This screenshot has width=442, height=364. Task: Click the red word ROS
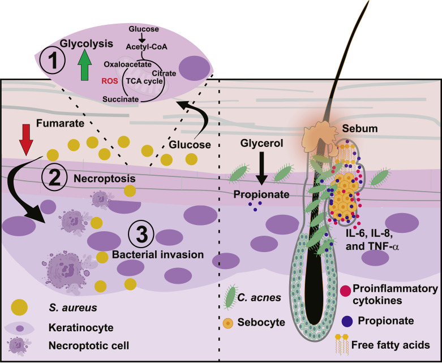pyautogui.click(x=110, y=80)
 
